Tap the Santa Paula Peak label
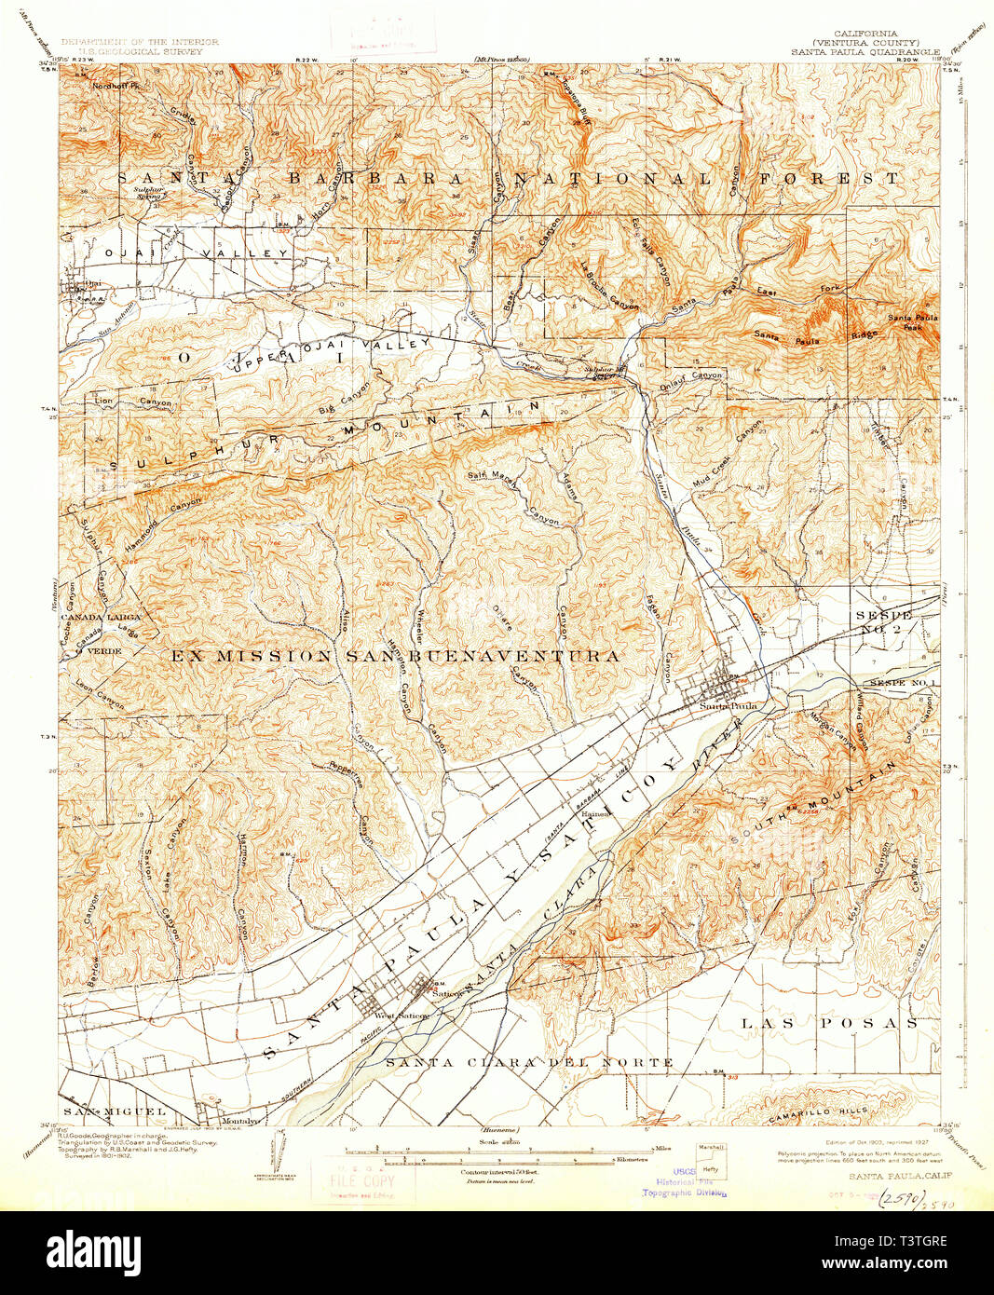tap(912, 322)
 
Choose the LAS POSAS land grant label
tap(829, 1023)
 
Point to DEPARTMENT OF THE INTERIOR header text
tap(140, 42)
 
